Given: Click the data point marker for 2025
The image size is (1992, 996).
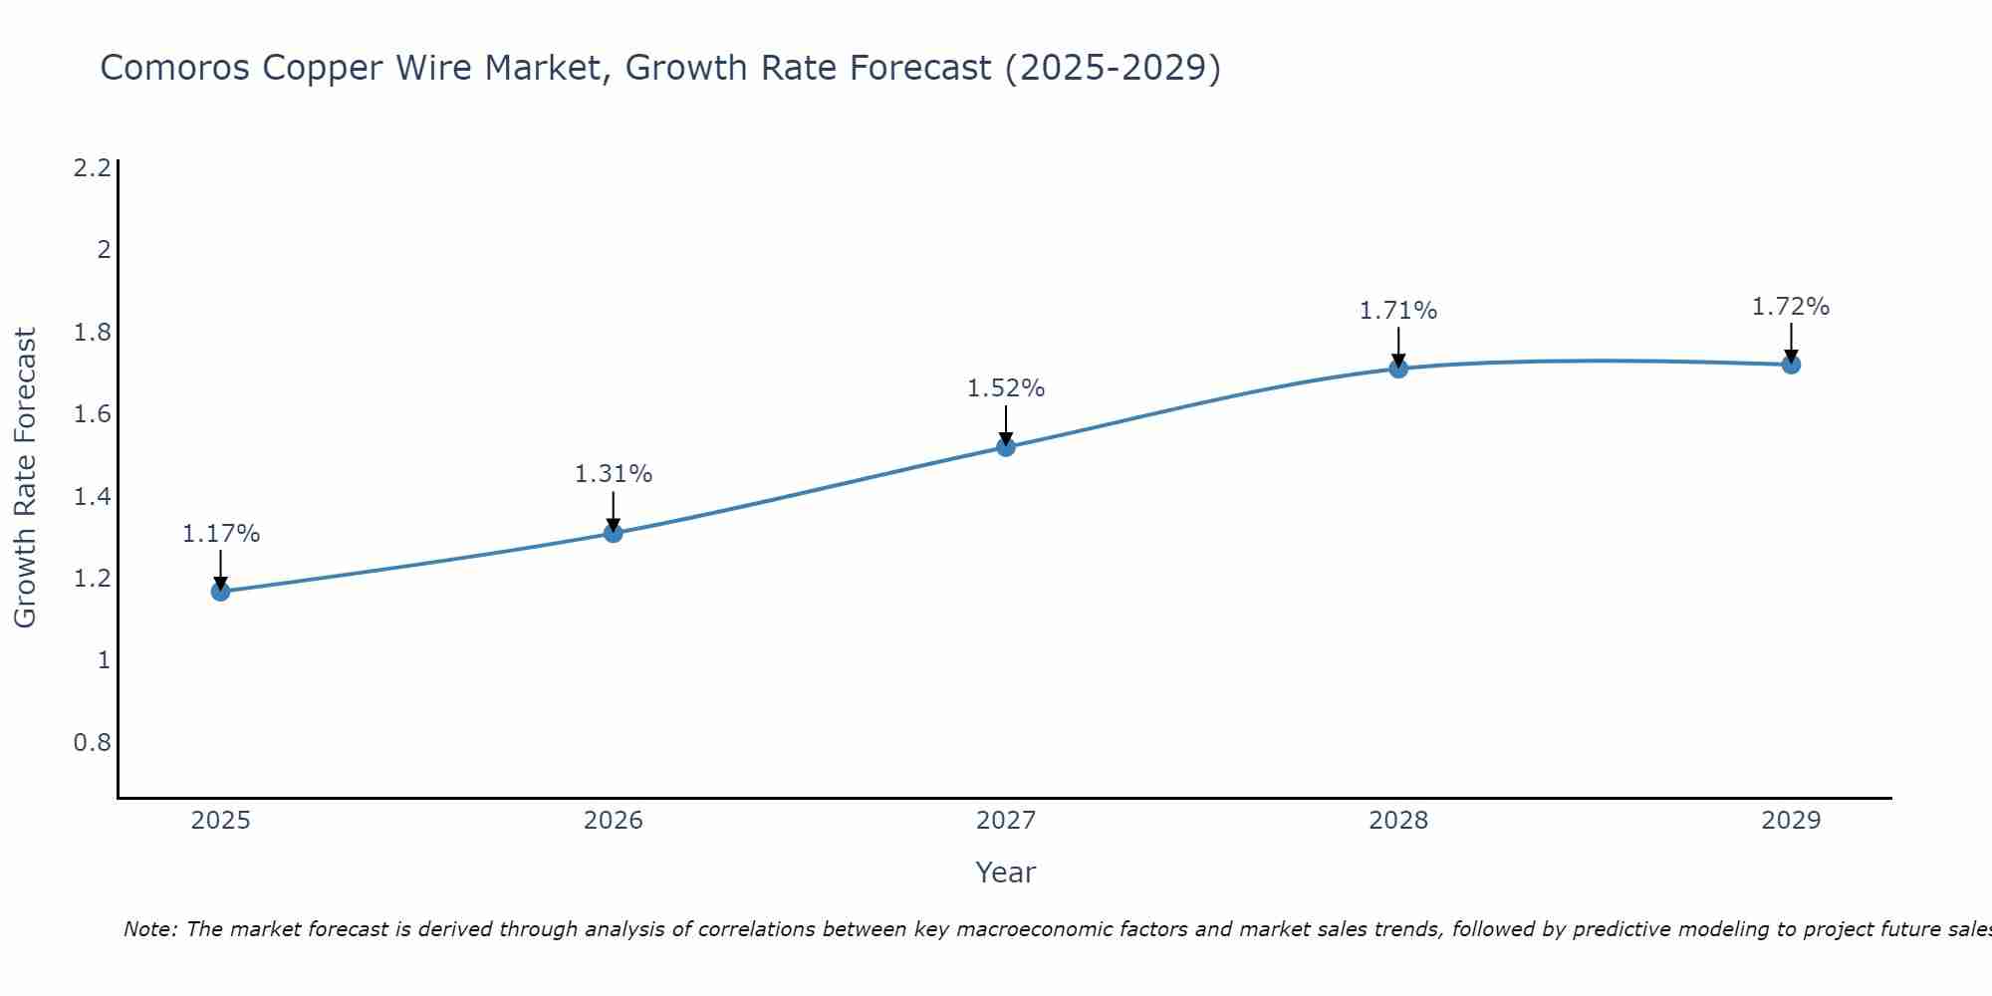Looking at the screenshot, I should click(x=220, y=592).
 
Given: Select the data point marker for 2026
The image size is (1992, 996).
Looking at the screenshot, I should click(x=613, y=533).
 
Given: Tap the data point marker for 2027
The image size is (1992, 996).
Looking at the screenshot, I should click(x=1005, y=447).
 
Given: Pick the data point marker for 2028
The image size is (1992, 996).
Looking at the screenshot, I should click(x=1397, y=369).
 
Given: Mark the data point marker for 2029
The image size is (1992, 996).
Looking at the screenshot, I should click(x=1790, y=365).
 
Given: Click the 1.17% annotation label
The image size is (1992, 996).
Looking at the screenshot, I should click(x=220, y=534).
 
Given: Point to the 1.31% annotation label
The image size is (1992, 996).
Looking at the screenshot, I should click(x=613, y=474).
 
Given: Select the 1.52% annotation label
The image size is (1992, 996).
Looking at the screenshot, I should click(x=1005, y=388).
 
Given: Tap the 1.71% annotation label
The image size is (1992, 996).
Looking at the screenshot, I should click(x=1397, y=311).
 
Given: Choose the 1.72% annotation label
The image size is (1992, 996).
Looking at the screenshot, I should click(x=1790, y=307).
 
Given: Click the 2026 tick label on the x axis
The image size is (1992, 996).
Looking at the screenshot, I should click(x=613, y=821).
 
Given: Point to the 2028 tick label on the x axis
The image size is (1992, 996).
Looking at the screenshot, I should click(x=1397, y=821).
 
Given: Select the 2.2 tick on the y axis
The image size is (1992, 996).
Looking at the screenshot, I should click(x=92, y=167).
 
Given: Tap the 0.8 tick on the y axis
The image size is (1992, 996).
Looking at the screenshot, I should click(x=92, y=742).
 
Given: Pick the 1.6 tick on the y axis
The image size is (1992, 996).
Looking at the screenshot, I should click(x=92, y=413).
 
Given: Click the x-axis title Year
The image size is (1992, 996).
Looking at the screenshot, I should click(x=1005, y=872).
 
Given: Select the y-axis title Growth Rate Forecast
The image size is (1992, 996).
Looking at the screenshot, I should click(x=26, y=478).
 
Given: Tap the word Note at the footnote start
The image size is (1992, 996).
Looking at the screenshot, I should click(x=149, y=929).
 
